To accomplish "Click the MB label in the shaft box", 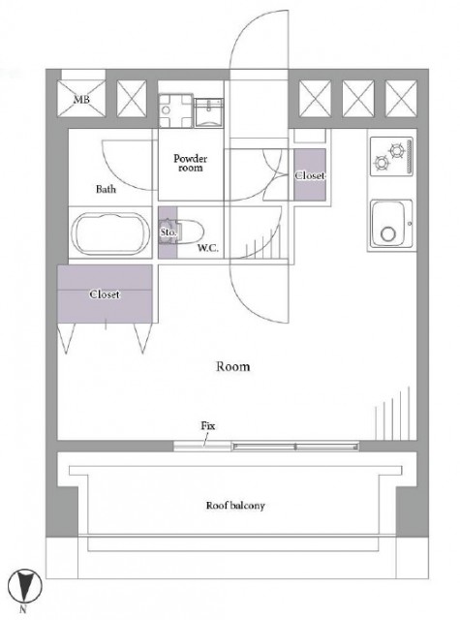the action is pyautogui.click(x=81, y=100).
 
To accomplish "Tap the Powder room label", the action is pyautogui.click(x=191, y=163).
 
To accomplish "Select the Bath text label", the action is pyautogui.click(x=106, y=189).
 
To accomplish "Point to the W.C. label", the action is pyautogui.click(x=208, y=248).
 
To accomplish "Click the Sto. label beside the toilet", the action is pyautogui.click(x=168, y=232).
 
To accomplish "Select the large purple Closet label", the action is pyautogui.click(x=105, y=294).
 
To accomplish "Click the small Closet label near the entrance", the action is pyautogui.click(x=310, y=175).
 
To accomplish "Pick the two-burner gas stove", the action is pyautogui.click(x=391, y=156).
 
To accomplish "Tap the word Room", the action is pyautogui.click(x=232, y=366).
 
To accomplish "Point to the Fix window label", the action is pyautogui.click(x=208, y=426).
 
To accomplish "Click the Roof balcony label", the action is pyautogui.click(x=235, y=506).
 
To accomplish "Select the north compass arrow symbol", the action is pyautogui.click(x=25, y=586).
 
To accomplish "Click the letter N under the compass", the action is pyautogui.click(x=23, y=609).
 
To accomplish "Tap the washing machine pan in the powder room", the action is pyautogui.click(x=175, y=110).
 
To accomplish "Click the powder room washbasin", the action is pyautogui.click(x=209, y=112).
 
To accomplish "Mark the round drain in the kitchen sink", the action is pyautogui.click(x=388, y=233).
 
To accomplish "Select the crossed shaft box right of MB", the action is pyautogui.click(x=132, y=99).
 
